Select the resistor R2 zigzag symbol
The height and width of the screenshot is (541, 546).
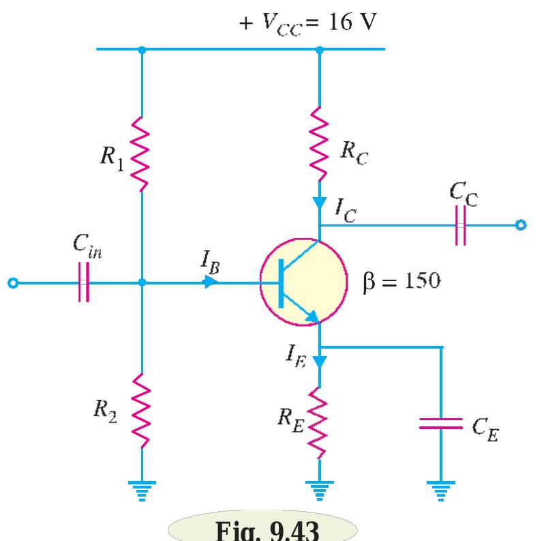point(141,409)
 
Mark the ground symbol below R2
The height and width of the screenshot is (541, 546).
point(141,488)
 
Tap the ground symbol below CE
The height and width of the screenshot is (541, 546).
point(442,488)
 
